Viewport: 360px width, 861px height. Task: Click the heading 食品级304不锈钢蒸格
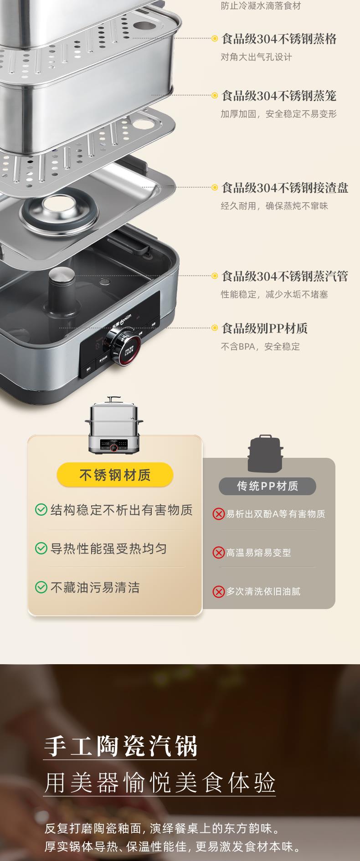[279, 39]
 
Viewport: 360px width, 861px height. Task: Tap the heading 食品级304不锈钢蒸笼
[279, 96]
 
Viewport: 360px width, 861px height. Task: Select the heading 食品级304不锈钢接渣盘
[285, 188]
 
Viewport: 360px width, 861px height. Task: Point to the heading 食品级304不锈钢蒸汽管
[285, 276]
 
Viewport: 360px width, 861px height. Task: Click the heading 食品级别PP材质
[264, 328]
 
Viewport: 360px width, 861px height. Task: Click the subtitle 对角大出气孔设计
[256, 57]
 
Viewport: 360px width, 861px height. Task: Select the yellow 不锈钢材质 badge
[115, 475]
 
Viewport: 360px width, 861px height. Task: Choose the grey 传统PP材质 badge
[267, 486]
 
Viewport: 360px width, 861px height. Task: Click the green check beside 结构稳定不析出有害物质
[41, 510]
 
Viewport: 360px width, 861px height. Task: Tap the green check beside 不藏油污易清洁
[41, 588]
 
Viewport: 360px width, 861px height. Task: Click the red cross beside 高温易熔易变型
[219, 553]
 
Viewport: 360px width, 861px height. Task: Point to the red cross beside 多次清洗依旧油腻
[219, 592]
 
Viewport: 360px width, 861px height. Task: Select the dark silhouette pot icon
[265, 454]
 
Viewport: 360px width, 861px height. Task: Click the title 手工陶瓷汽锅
[121, 746]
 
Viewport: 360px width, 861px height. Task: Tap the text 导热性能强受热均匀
[109, 548]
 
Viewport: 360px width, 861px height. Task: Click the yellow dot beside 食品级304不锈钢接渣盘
[215, 187]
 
